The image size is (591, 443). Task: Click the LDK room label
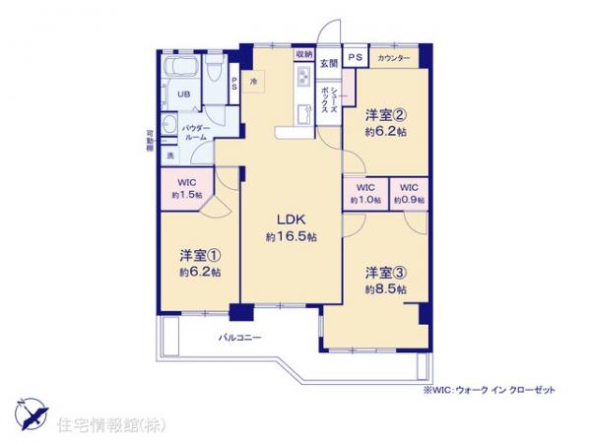pos(291,219)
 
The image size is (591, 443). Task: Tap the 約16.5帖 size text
pos(291,237)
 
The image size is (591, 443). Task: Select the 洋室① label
pos(199,252)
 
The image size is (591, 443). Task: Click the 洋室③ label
pos(385,271)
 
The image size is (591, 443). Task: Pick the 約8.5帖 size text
pos(385,289)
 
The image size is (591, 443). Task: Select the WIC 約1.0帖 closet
pos(365,193)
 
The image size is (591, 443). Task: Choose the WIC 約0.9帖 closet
pos(409,193)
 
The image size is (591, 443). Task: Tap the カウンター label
pos(393,59)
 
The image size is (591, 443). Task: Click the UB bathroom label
pos(183,95)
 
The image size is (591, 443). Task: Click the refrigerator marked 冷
pos(254,81)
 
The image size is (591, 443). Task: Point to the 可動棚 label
pos(150,141)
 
